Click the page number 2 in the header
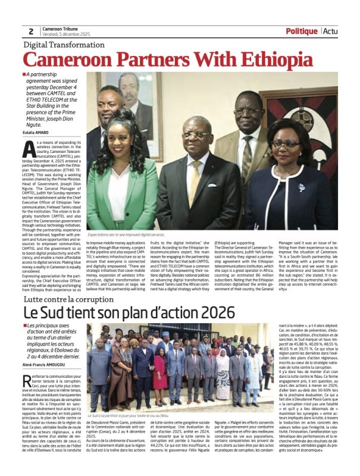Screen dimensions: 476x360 click(x=30, y=32)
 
